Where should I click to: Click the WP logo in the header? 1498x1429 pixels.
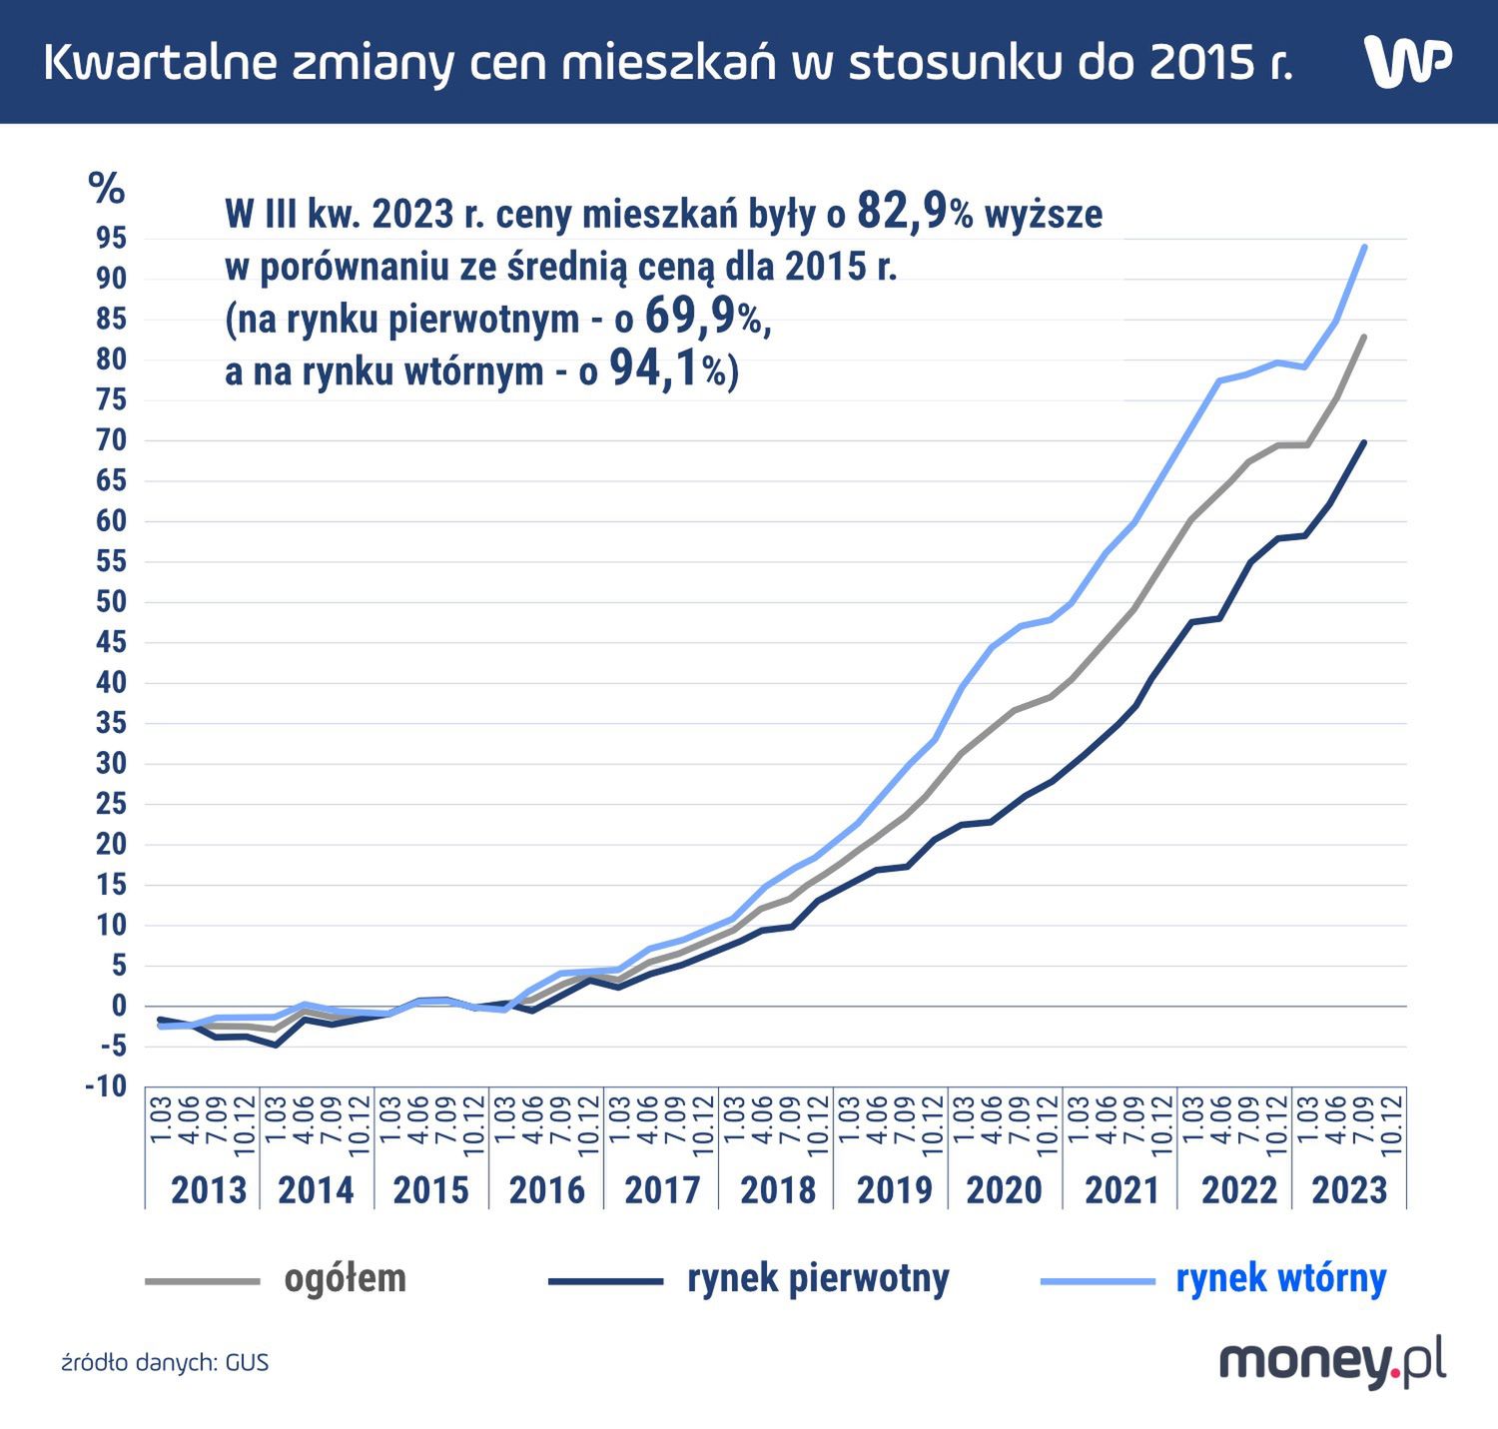click(x=1407, y=62)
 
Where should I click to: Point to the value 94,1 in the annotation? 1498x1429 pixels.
click(x=655, y=369)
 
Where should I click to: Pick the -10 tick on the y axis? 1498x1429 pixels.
click(x=106, y=1085)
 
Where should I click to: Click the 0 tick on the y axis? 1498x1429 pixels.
click(x=119, y=1006)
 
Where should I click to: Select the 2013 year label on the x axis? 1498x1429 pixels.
click(x=208, y=1189)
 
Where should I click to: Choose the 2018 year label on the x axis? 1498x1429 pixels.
click(x=778, y=1189)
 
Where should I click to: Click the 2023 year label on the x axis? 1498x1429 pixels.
click(x=1349, y=1189)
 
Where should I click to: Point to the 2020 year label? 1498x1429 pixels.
click(x=1004, y=1189)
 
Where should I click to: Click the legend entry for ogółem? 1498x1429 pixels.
click(x=345, y=1278)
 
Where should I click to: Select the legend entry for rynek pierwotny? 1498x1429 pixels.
click(x=817, y=1278)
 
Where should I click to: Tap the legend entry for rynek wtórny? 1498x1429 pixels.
click(x=1280, y=1278)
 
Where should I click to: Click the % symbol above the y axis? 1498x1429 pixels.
click(x=107, y=188)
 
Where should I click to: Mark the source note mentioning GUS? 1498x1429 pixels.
click(x=165, y=1362)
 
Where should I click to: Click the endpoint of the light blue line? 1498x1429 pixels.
click(x=1364, y=247)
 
